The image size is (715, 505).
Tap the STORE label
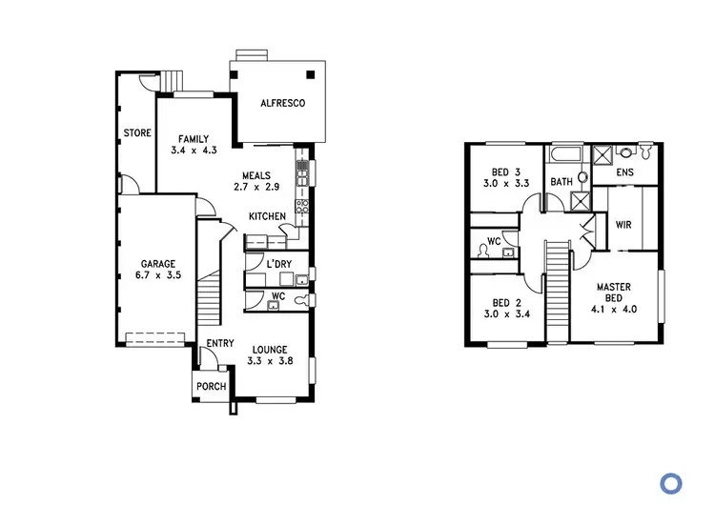coord(137,133)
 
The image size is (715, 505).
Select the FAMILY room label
coord(193,139)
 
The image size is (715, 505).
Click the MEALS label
coord(255,175)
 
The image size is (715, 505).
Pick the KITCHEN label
coord(267,216)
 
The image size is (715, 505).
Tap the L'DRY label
coord(278,263)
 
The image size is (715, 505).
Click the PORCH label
coord(211,387)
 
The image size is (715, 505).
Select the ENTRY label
coord(220,344)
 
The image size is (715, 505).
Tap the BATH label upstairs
coord(562,181)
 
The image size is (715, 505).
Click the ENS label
coord(625,172)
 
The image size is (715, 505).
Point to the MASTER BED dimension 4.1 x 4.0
coord(616,309)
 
